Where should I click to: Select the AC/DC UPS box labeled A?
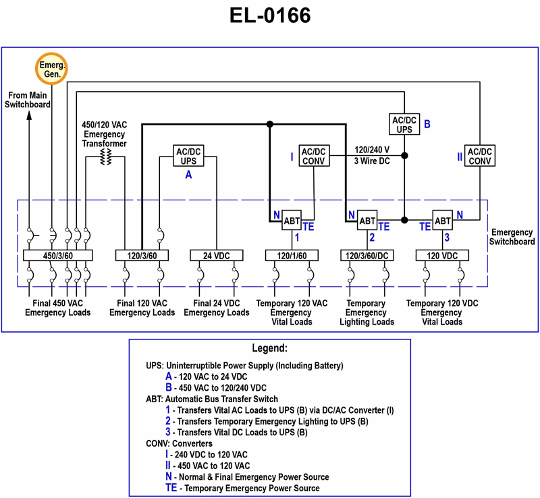[x=188, y=157]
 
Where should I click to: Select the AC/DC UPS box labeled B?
[x=405, y=124]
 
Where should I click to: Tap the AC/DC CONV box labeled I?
[x=314, y=157]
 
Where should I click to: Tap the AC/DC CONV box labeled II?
[x=480, y=157]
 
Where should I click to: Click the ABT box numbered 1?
[x=292, y=221]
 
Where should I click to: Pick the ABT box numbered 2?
[x=367, y=221]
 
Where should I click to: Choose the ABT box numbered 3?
[x=442, y=221]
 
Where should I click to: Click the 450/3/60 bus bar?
[x=57, y=256]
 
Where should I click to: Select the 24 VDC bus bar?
[x=216, y=256]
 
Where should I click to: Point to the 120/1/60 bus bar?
[x=292, y=256]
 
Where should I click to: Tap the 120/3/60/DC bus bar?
[x=367, y=256]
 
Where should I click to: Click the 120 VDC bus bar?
[x=442, y=256]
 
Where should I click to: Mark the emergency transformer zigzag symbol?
[x=105, y=157]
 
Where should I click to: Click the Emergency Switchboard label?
[x=512, y=237]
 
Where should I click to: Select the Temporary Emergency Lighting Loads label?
[x=367, y=312]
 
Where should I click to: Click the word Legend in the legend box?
[x=269, y=349]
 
